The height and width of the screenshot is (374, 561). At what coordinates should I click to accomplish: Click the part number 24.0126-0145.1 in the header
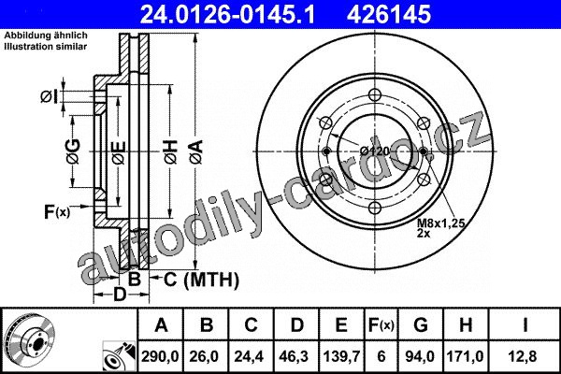click(227, 14)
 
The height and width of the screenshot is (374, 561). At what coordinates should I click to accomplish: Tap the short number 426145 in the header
click(388, 14)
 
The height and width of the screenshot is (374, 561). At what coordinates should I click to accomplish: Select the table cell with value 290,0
click(160, 356)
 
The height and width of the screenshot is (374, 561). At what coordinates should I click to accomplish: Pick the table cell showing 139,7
click(341, 356)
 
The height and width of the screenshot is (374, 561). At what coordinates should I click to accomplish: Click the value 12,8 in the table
click(524, 356)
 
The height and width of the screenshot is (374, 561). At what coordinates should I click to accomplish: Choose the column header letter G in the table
click(421, 325)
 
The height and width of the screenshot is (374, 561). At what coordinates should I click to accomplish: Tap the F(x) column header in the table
click(381, 325)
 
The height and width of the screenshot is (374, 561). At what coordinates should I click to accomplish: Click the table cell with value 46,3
click(296, 356)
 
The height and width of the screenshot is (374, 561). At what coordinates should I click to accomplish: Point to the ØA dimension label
click(196, 152)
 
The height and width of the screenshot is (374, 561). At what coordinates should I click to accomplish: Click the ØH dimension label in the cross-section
click(171, 152)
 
